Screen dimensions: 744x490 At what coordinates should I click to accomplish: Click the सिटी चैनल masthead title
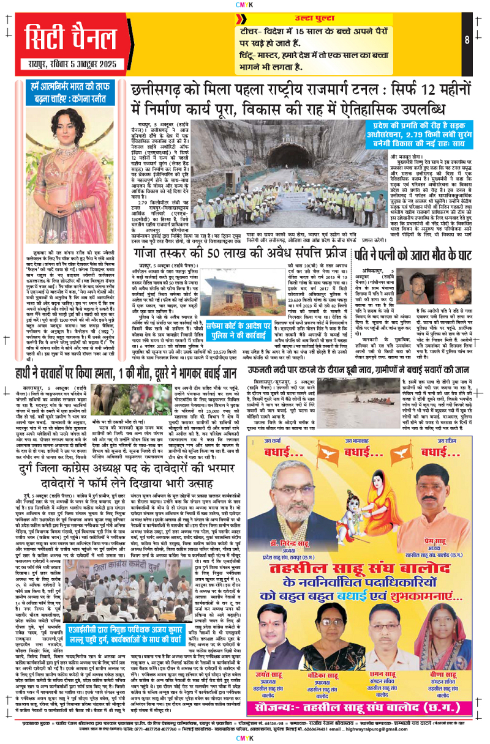(x=66, y=37)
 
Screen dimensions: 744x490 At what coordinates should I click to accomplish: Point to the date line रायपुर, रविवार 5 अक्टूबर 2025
(x=66, y=65)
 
